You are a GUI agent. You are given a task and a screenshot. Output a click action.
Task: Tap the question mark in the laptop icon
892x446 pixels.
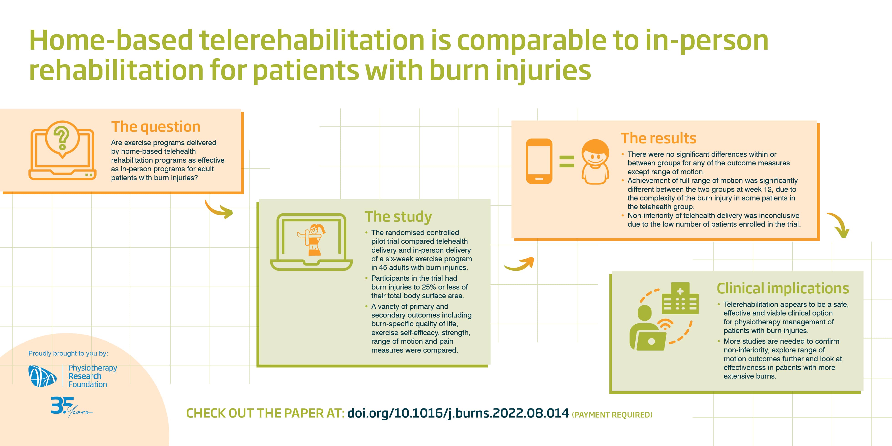tap(62, 138)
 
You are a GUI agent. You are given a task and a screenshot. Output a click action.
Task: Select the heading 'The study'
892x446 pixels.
tap(398, 217)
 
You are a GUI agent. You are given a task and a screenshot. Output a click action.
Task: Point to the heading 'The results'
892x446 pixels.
tap(658, 138)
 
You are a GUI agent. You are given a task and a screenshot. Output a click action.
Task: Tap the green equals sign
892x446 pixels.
tap(567, 161)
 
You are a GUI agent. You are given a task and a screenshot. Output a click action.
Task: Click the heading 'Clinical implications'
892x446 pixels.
tap(782, 288)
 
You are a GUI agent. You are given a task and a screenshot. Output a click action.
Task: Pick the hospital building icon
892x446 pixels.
tap(680, 298)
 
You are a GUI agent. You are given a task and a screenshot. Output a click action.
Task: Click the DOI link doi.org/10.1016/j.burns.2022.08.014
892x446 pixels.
tap(458, 413)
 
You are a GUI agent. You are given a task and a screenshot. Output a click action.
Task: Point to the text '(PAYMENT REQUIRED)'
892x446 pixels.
tap(612, 415)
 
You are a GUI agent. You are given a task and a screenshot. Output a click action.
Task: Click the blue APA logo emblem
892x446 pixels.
tap(43, 376)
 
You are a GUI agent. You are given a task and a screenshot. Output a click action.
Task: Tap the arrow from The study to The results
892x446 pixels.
tap(519, 265)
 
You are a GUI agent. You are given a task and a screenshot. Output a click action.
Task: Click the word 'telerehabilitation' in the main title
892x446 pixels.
tap(312, 40)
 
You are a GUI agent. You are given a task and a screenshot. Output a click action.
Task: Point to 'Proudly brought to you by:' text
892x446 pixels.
tap(68, 354)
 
